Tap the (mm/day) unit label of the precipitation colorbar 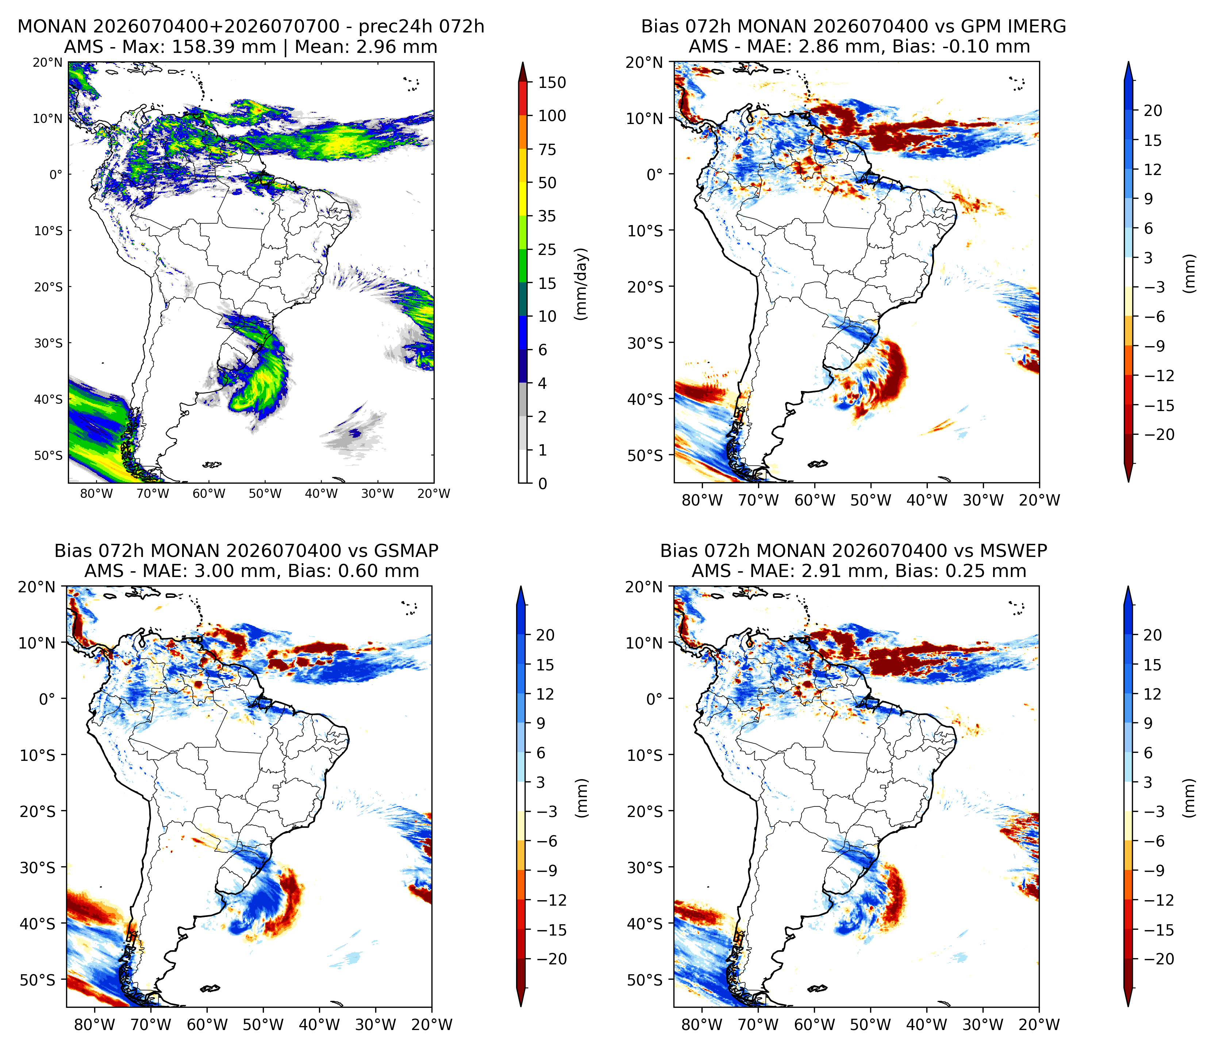(581, 284)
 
